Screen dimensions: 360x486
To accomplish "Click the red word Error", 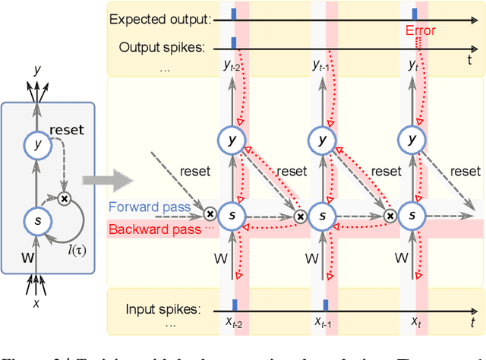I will (420, 31).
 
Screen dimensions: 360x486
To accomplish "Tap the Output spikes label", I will (163, 47).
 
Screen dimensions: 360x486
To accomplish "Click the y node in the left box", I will (35, 144).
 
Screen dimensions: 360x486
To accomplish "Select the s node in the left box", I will (35, 220).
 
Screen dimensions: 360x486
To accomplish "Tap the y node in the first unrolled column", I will (232, 140).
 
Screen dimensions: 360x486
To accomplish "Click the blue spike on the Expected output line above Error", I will (414, 14).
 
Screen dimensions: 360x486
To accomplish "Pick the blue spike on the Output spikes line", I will (234, 43).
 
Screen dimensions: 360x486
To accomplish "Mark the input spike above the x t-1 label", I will (325, 305).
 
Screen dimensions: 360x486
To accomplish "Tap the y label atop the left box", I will (36, 71).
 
